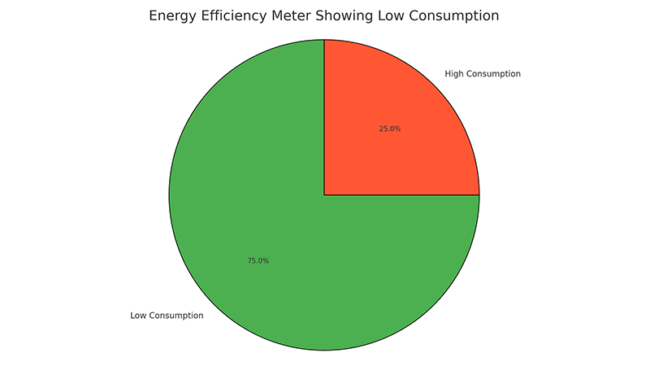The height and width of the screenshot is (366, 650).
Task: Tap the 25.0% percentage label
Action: [x=390, y=129]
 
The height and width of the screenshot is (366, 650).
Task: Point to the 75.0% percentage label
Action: [x=258, y=261]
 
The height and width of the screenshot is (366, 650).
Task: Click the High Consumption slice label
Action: [x=483, y=74]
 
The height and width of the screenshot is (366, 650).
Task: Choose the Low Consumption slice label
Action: [x=167, y=315]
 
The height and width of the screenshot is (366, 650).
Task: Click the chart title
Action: [x=324, y=16]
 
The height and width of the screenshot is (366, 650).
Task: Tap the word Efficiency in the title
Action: [x=240, y=16]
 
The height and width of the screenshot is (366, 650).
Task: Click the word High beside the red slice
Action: [x=455, y=74]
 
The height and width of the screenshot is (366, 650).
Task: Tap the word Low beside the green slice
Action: [x=138, y=315]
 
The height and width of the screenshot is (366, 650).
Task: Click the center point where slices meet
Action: [x=324, y=195]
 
